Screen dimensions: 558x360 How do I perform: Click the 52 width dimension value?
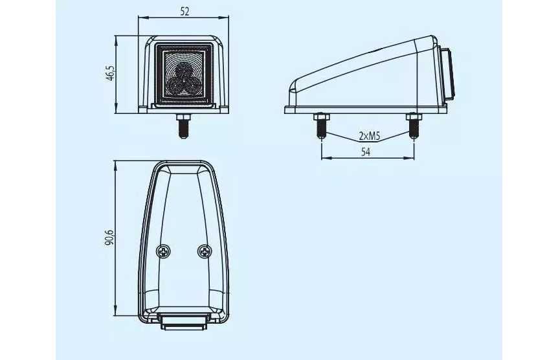click(x=184, y=12)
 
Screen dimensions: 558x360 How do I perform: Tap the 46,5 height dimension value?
click(x=110, y=73)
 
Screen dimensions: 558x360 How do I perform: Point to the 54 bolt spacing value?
click(x=366, y=152)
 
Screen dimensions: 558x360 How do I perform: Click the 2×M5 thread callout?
click(x=370, y=136)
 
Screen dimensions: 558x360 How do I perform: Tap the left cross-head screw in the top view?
click(x=163, y=252)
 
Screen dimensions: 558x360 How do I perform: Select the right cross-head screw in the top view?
click(x=205, y=252)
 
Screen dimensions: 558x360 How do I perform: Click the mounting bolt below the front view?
click(x=183, y=126)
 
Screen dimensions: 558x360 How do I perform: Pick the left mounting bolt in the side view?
click(x=321, y=126)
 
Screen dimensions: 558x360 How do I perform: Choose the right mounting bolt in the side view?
click(x=414, y=126)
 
